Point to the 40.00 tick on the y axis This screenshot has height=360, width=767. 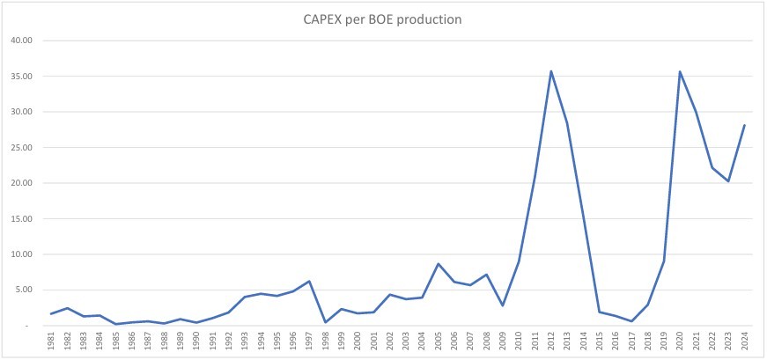[21, 40]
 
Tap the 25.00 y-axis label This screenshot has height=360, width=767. [21, 147]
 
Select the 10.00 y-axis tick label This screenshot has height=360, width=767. [21, 254]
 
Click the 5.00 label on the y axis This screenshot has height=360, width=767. [24, 290]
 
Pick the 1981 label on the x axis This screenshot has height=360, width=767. [52, 341]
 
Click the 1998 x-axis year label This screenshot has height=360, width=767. [326, 341]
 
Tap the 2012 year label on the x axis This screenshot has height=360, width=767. [551, 341]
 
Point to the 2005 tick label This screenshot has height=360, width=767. [439, 341]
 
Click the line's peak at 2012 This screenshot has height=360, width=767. [551, 71]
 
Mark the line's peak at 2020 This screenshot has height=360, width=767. [680, 71]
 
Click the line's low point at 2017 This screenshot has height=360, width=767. [632, 321]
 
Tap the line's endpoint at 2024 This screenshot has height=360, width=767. [744, 125]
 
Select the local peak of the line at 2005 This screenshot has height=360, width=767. [439, 264]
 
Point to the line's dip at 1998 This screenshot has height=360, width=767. [326, 322]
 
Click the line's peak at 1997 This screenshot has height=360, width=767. [310, 282]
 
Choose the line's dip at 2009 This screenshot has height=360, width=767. [503, 305]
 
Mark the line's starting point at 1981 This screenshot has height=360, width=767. [52, 313]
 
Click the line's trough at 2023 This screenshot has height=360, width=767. [728, 181]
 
